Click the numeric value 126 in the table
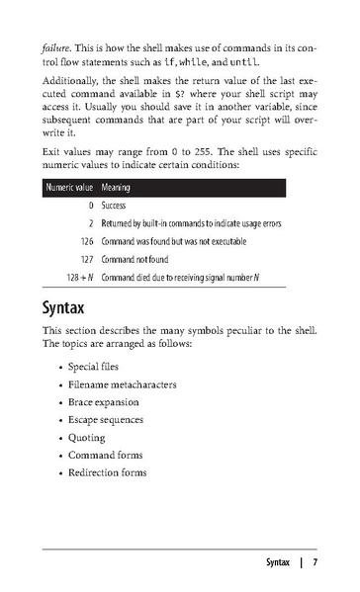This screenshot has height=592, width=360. (84, 241)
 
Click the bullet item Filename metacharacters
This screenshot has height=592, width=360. (122, 383)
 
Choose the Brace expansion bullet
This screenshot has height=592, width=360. (104, 401)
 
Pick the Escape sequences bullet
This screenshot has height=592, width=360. (106, 419)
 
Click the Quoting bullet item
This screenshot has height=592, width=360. (86, 437)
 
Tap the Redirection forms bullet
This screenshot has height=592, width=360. (107, 472)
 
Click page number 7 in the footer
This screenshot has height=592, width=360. (315, 563)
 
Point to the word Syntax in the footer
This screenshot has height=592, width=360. (278, 563)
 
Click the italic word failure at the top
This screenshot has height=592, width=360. (56, 46)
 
